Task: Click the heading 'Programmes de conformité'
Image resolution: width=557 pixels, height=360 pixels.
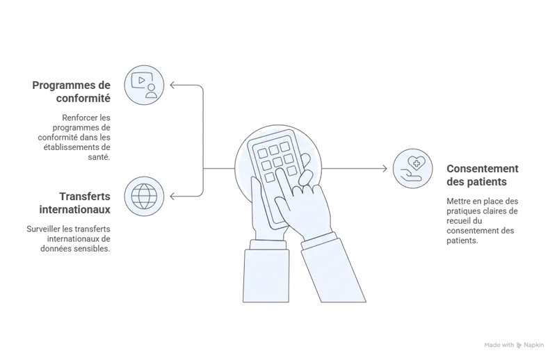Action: point(72,92)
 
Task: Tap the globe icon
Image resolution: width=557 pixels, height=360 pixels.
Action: point(144,196)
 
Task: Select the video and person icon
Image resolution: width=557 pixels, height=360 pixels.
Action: point(144,85)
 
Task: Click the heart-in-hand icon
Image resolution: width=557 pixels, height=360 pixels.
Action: point(413,168)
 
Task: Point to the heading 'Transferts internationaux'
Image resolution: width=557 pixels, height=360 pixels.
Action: point(75,203)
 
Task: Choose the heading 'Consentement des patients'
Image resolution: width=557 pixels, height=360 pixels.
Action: point(483,175)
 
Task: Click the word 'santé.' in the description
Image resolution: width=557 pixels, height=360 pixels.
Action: point(99,157)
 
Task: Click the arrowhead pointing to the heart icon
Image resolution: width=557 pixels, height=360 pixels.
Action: point(385,168)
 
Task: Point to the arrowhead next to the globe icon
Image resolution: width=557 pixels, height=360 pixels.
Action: point(172,196)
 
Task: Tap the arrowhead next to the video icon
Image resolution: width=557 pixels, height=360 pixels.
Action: point(172,85)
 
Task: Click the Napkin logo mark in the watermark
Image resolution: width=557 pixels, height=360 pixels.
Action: point(519,345)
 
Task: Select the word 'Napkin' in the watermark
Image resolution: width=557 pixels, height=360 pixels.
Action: point(533,345)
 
